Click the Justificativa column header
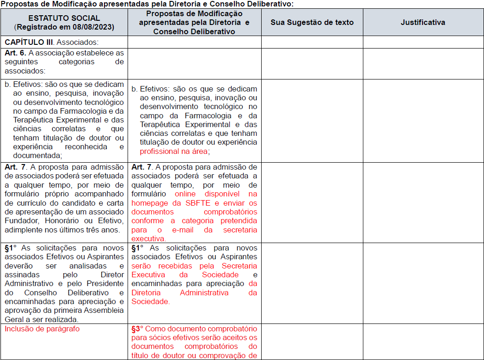(423, 22)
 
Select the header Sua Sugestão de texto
(312, 22)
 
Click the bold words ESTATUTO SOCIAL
(64, 18)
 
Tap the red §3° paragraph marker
(137, 329)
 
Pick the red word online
(185, 194)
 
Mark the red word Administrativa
(204, 293)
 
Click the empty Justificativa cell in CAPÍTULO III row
(423, 42)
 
